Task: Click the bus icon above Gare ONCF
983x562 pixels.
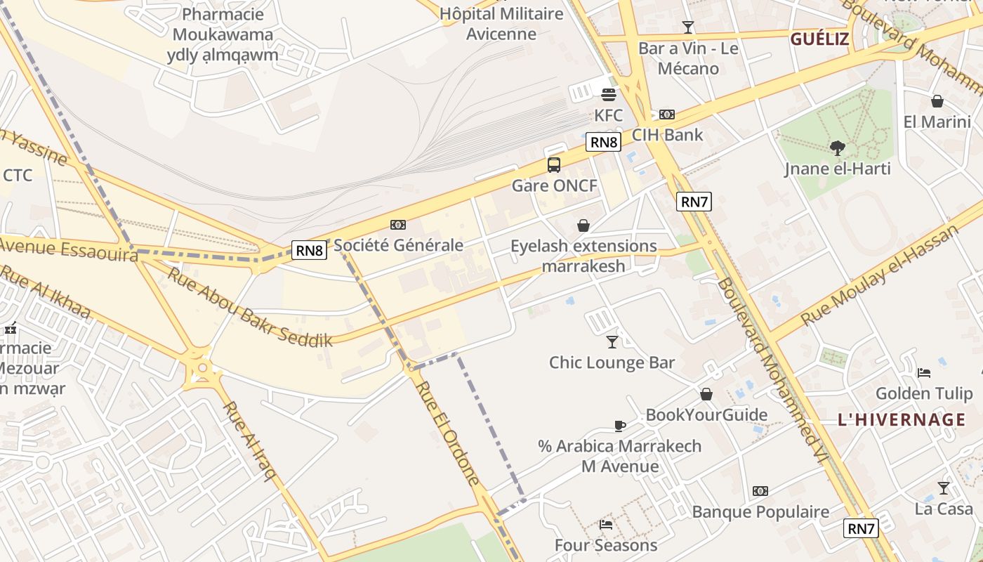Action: point(554,165)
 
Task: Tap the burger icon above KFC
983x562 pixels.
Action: point(608,94)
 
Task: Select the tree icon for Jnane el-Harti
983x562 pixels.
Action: point(837,148)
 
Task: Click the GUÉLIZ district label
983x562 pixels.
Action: point(819,39)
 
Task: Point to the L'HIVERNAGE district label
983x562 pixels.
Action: point(902,420)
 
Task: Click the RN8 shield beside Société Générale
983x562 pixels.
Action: point(310,250)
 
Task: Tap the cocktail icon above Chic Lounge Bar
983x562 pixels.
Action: point(612,342)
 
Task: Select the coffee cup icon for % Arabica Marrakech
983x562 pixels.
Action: point(619,426)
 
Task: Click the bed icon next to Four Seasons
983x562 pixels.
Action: point(606,524)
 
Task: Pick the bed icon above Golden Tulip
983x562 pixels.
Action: point(924,372)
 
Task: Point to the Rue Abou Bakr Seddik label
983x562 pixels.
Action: point(249,308)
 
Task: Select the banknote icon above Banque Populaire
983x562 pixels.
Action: point(760,491)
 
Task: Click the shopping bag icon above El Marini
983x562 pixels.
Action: point(937,101)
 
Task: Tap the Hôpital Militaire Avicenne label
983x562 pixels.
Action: point(501,24)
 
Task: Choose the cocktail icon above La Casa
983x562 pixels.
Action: point(943,488)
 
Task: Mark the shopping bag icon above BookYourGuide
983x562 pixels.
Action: point(706,394)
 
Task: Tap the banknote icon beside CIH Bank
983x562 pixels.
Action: point(666,115)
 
